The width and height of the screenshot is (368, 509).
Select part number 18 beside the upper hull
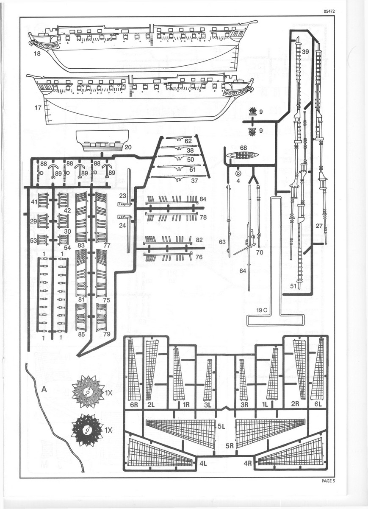pos(37,53)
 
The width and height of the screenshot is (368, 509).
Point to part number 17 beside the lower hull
pos(38,108)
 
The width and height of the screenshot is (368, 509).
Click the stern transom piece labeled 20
pos(102,141)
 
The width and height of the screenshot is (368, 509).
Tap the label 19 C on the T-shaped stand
pos(262,310)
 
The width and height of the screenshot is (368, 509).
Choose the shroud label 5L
pos(220,427)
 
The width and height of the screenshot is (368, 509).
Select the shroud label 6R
pos(134,405)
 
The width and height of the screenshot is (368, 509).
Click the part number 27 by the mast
pos(319,226)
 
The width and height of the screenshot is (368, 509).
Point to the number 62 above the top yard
pos(188,140)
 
